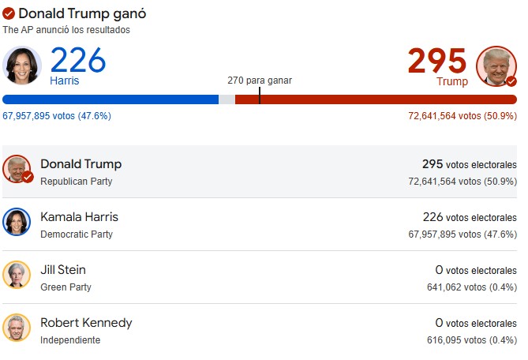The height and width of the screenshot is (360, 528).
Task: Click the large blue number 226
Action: [x=78, y=60]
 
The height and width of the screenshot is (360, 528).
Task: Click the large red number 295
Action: [x=437, y=61]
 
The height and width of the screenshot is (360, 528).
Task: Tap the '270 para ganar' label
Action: [x=259, y=81]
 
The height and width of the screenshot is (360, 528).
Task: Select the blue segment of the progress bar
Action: [x=110, y=99]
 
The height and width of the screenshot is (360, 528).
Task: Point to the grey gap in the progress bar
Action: [x=227, y=99]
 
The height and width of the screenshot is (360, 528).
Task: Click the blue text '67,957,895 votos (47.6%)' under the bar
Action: [x=57, y=115]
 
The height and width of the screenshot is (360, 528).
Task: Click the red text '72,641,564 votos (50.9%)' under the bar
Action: [x=462, y=115]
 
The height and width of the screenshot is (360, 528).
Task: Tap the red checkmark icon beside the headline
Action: [x=9, y=14]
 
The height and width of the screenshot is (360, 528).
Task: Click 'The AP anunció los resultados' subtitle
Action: [x=66, y=30]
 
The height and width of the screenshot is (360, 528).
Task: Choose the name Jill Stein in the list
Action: [x=63, y=270]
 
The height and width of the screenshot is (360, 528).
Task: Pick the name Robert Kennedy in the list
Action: [x=86, y=323]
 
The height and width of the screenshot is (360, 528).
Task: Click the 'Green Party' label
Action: [x=66, y=287]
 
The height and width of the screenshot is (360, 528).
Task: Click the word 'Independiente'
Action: [x=70, y=340]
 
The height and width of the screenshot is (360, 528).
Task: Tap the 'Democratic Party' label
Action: [x=77, y=234]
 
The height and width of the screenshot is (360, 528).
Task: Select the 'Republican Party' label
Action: [x=77, y=182]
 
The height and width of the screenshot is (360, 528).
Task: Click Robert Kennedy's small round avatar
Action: [x=17, y=328]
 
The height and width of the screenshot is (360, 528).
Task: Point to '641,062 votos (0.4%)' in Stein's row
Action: [x=471, y=287]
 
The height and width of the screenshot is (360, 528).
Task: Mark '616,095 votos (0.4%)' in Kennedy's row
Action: [x=471, y=340]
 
